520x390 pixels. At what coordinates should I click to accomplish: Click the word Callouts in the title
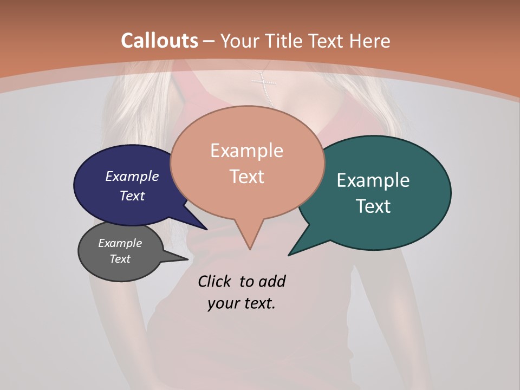click(159, 41)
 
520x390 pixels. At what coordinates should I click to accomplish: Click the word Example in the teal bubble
click(373, 180)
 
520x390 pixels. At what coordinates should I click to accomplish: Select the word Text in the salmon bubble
click(247, 176)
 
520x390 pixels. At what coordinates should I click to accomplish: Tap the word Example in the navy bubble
click(132, 176)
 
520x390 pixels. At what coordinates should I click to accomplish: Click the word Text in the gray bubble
click(120, 259)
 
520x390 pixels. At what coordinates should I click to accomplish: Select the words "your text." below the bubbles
click(242, 303)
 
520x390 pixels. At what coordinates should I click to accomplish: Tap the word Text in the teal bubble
click(374, 206)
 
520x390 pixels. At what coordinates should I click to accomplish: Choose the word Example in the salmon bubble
click(247, 151)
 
